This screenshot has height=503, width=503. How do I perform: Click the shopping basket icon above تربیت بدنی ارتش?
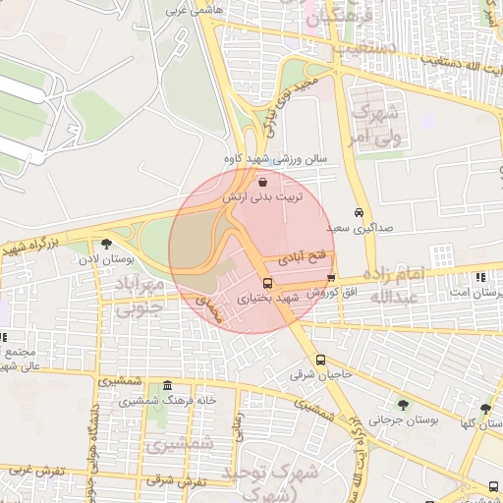(262, 182)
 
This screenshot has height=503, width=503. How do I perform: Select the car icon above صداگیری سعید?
(360, 212)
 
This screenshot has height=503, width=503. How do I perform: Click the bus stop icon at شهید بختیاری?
(267, 284)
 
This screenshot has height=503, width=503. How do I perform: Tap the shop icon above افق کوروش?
(331, 278)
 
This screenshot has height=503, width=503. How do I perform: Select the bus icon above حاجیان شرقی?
(320, 360)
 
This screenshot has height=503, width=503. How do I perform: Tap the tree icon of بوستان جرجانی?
(404, 404)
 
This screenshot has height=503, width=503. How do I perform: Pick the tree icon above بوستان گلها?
(485, 409)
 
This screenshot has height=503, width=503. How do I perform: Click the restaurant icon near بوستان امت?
(479, 278)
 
